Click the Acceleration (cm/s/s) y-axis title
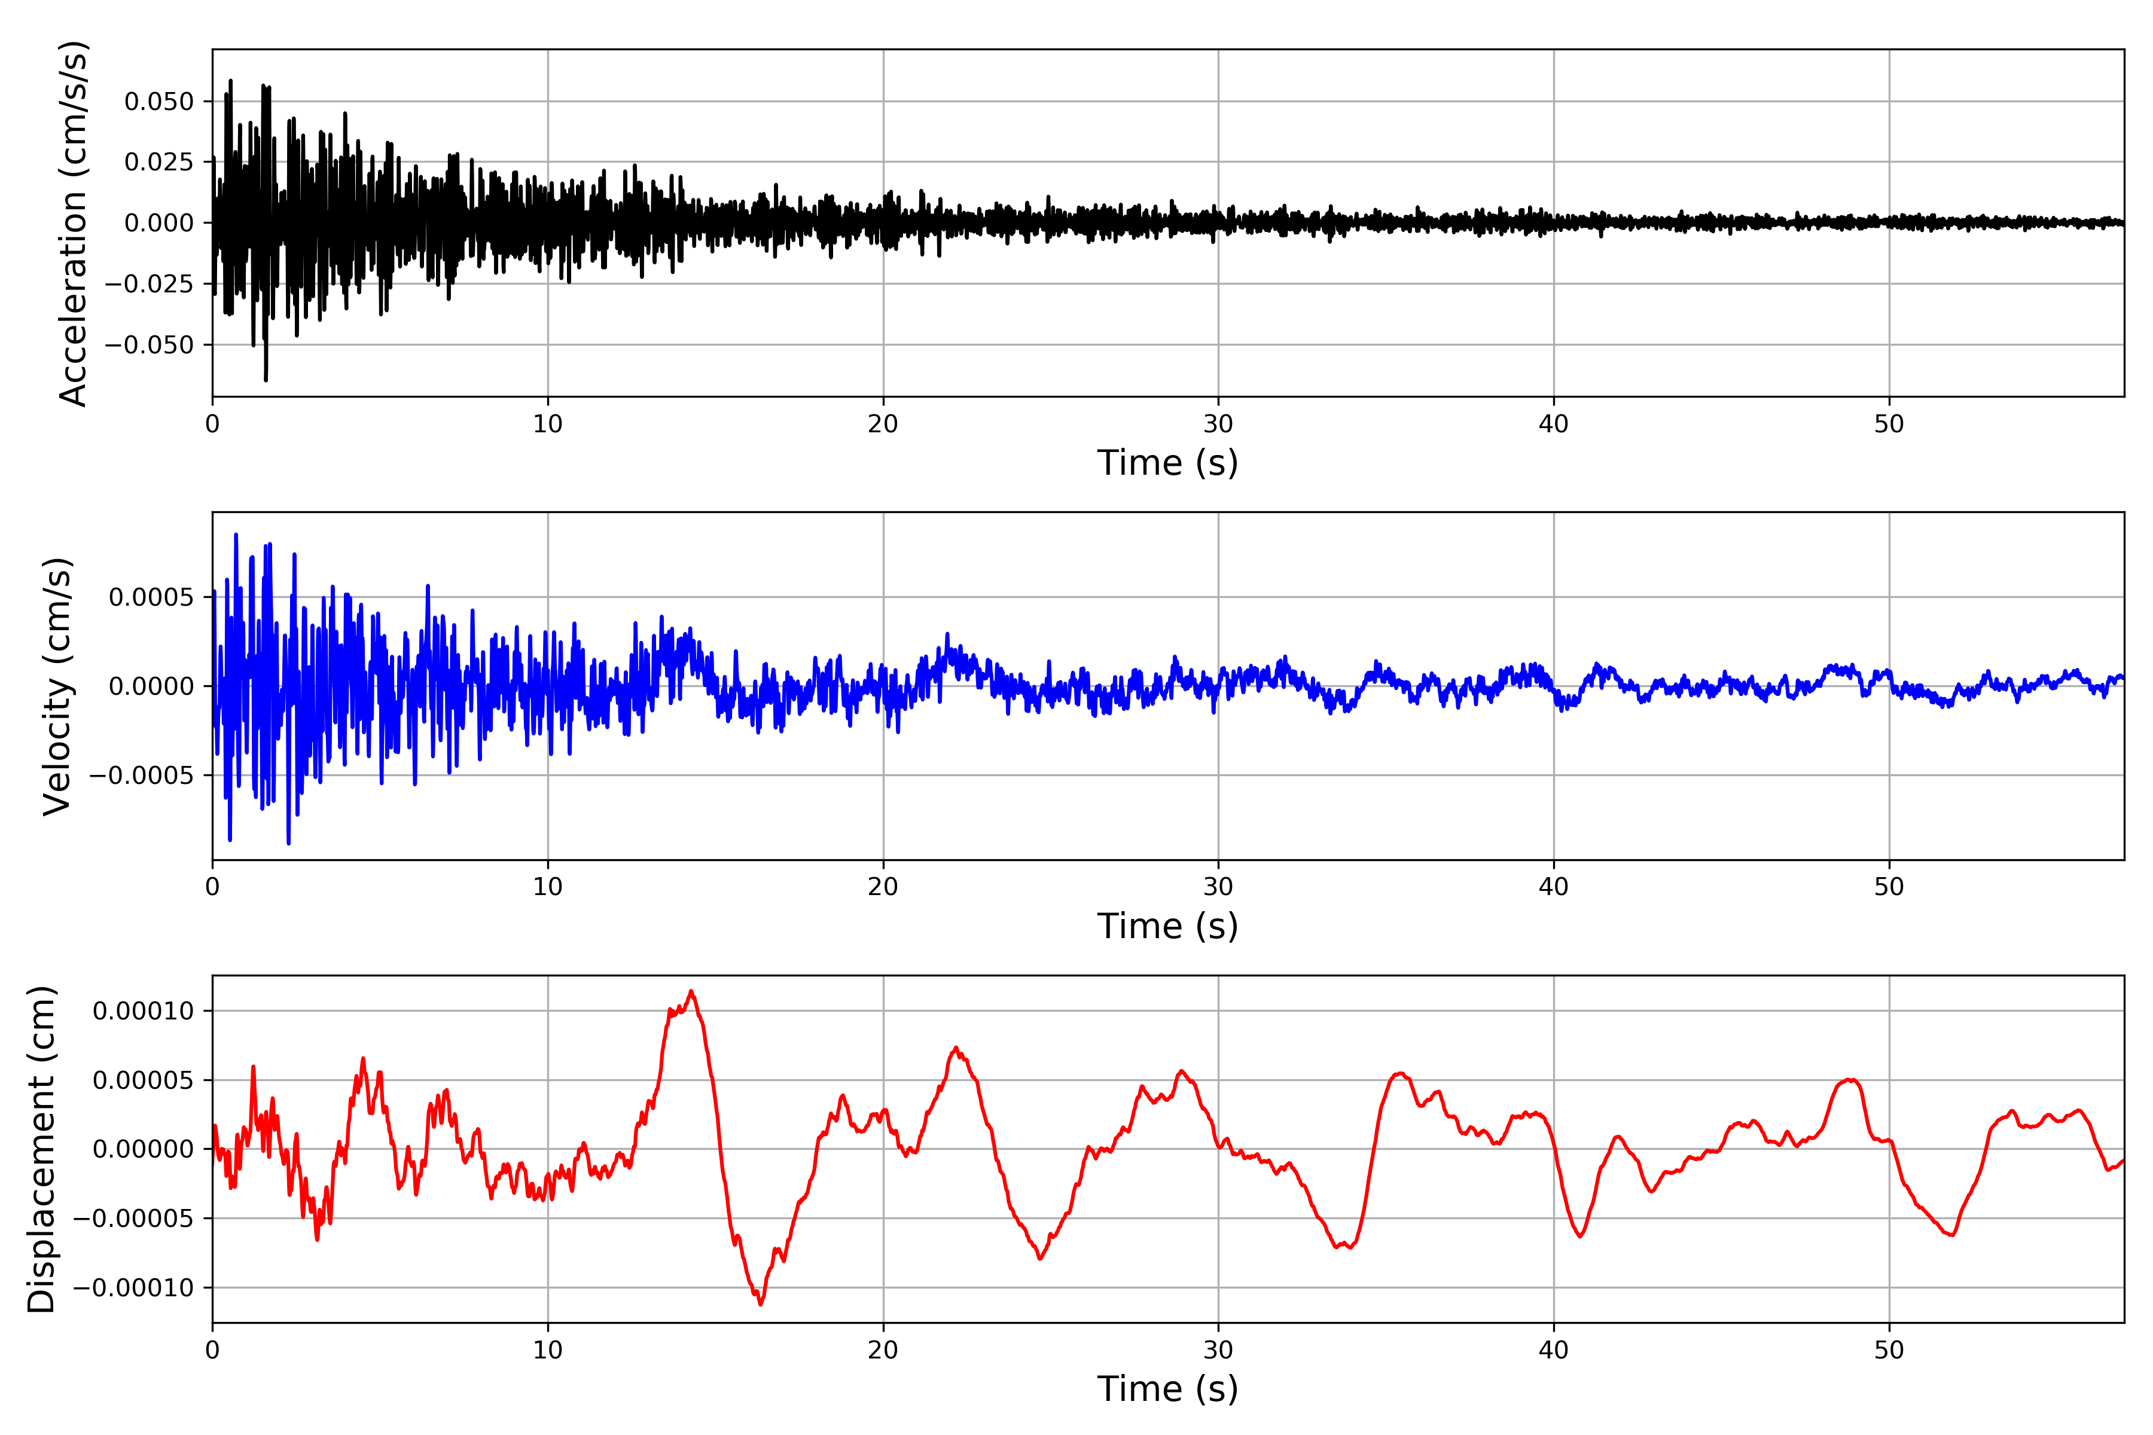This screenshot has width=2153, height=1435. [x=73, y=223]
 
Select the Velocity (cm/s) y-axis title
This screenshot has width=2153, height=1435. [x=57, y=686]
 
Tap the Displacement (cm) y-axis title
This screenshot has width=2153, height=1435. [x=42, y=1149]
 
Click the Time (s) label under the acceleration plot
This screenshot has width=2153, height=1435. [x=1167, y=463]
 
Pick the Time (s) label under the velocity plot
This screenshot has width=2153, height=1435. [x=1167, y=926]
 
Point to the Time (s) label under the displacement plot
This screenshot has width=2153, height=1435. [x=1167, y=1389]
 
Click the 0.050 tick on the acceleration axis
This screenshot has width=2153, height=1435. [x=159, y=102]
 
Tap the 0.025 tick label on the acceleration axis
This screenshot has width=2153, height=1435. [x=159, y=162]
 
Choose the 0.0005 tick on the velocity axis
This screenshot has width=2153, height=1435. [x=151, y=597]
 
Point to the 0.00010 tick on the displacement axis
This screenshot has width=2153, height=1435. [x=144, y=1011]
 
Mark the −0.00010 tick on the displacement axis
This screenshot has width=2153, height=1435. [x=133, y=1289]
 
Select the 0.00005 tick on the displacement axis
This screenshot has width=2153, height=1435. [x=144, y=1081]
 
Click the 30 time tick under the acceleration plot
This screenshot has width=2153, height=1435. [x=1218, y=425]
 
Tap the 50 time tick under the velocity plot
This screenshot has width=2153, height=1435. [x=1889, y=887]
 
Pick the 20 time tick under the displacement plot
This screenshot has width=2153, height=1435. [x=883, y=1350]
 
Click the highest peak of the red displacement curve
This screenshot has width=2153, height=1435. [x=691, y=991]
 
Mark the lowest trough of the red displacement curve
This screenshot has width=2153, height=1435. [x=761, y=1304]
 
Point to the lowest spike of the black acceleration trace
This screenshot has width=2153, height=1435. [x=266, y=380]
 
